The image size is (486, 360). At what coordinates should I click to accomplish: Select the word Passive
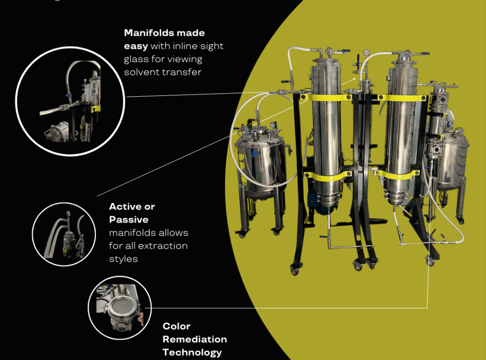pos(129,220)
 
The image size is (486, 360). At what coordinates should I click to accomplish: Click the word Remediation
pos(195,339)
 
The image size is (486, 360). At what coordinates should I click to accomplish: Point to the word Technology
pos(192,352)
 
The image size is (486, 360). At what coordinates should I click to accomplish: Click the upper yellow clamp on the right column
pos(402,98)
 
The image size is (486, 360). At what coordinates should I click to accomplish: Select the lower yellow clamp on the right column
pos(397,175)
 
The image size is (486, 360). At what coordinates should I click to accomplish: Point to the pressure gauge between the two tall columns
pos(367,52)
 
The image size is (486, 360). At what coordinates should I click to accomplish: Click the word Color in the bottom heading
pos(177,326)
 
